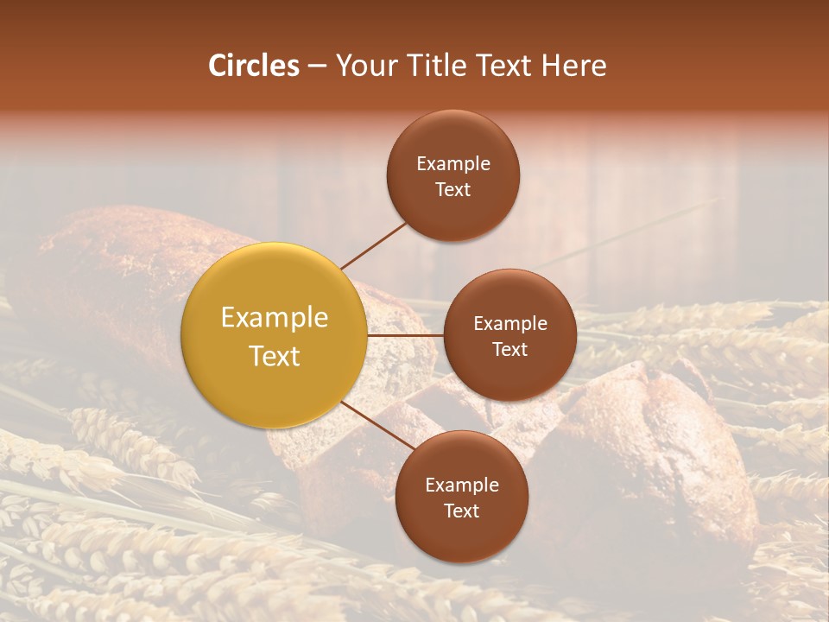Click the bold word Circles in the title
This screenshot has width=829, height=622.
tap(253, 66)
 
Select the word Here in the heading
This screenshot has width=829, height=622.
tap(574, 66)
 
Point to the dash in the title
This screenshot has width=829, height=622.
tap(316, 67)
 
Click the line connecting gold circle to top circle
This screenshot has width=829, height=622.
tap(373, 245)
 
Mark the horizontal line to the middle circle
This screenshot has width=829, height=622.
tap(405, 335)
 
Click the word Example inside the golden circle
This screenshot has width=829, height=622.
tap(274, 318)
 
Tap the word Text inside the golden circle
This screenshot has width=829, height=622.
tap(274, 356)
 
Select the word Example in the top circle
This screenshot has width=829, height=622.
tap(452, 164)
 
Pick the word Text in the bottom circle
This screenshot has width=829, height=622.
tap(461, 511)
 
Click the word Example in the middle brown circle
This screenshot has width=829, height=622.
tap(509, 324)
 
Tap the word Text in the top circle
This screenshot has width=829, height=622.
tap(452, 189)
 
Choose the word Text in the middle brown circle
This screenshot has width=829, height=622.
tap(509, 349)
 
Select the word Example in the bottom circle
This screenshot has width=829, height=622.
tap(461, 486)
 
